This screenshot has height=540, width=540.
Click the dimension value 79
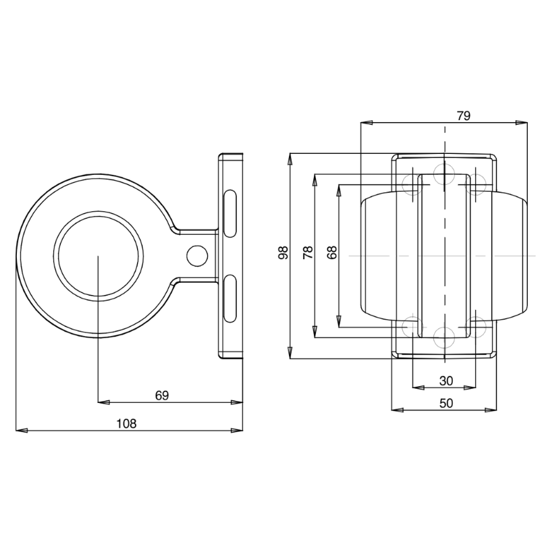(x=463, y=115)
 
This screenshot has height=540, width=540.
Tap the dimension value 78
(x=308, y=253)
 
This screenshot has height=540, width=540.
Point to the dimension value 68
(x=331, y=253)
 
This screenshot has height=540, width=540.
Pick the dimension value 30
(x=446, y=381)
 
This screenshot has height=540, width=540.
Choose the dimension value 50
(x=446, y=402)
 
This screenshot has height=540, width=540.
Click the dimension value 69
(x=161, y=396)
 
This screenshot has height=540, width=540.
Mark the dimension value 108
(x=126, y=423)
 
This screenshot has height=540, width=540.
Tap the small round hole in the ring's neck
(x=197, y=255)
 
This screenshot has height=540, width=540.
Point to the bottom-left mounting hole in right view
(x=410, y=327)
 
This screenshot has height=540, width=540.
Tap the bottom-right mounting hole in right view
(x=478, y=327)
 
